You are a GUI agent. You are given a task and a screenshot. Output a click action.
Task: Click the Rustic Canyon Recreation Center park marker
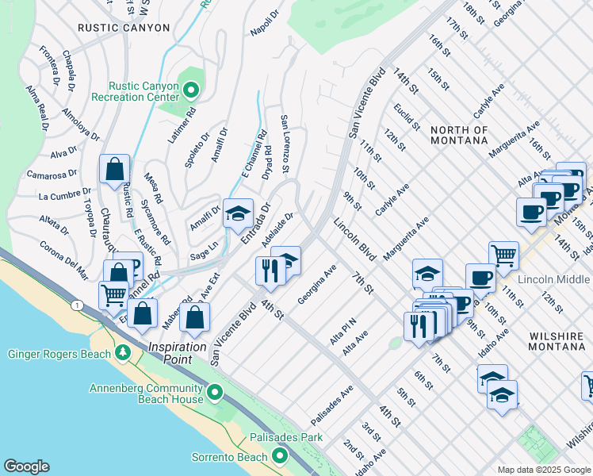[x=189, y=89]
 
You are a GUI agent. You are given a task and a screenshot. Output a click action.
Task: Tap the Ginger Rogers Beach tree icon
[x=122, y=351]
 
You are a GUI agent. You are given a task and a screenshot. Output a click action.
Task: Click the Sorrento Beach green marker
[x=279, y=455]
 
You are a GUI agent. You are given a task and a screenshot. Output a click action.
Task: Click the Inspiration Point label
[x=181, y=348]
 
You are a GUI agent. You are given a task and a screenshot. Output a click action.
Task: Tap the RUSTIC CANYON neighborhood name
[x=124, y=28]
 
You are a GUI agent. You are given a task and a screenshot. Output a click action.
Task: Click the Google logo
[x=26, y=466]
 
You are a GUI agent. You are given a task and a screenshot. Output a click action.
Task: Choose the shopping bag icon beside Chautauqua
[x=115, y=169]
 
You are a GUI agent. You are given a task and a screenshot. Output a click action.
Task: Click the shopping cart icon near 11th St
[x=503, y=255]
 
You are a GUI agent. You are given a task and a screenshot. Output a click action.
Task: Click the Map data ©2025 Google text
[x=543, y=470]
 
